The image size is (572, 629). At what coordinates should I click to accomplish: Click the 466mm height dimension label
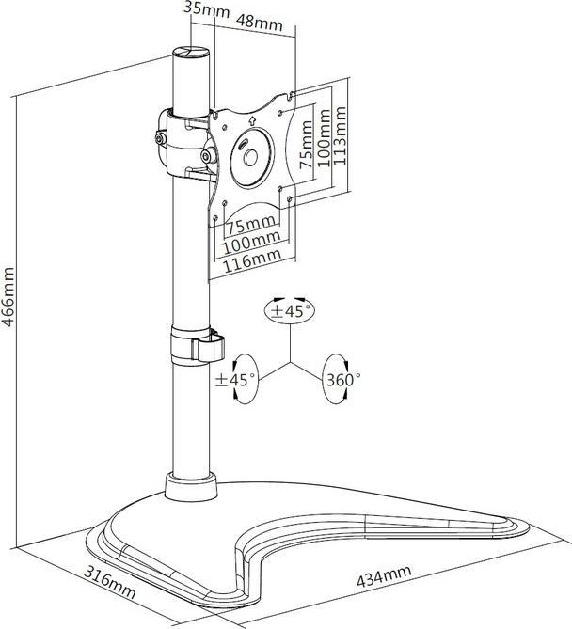pyautogui.click(x=8, y=297)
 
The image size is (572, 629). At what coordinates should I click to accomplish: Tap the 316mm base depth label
pyautogui.click(x=109, y=581)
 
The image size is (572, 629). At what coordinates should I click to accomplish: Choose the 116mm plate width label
pyautogui.click(x=252, y=259)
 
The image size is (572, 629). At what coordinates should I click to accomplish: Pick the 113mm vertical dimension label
pyautogui.click(x=340, y=135)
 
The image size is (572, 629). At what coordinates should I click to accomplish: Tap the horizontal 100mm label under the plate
pyautogui.click(x=251, y=242)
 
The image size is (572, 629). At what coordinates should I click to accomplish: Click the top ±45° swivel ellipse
pyautogui.click(x=290, y=311)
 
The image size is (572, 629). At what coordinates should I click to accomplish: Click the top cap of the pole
pyautogui.click(x=191, y=52)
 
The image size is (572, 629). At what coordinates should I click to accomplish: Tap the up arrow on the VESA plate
pyautogui.click(x=252, y=120)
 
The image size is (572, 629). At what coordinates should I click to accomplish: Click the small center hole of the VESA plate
pyautogui.click(x=251, y=158)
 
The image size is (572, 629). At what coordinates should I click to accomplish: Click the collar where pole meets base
pyautogui.click(x=190, y=487)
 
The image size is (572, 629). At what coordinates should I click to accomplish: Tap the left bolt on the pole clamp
pyautogui.click(x=161, y=139)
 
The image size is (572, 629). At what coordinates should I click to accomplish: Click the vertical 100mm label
pyautogui.click(x=324, y=137)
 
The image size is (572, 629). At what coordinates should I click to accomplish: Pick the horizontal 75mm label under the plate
pyautogui.click(x=252, y=226)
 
